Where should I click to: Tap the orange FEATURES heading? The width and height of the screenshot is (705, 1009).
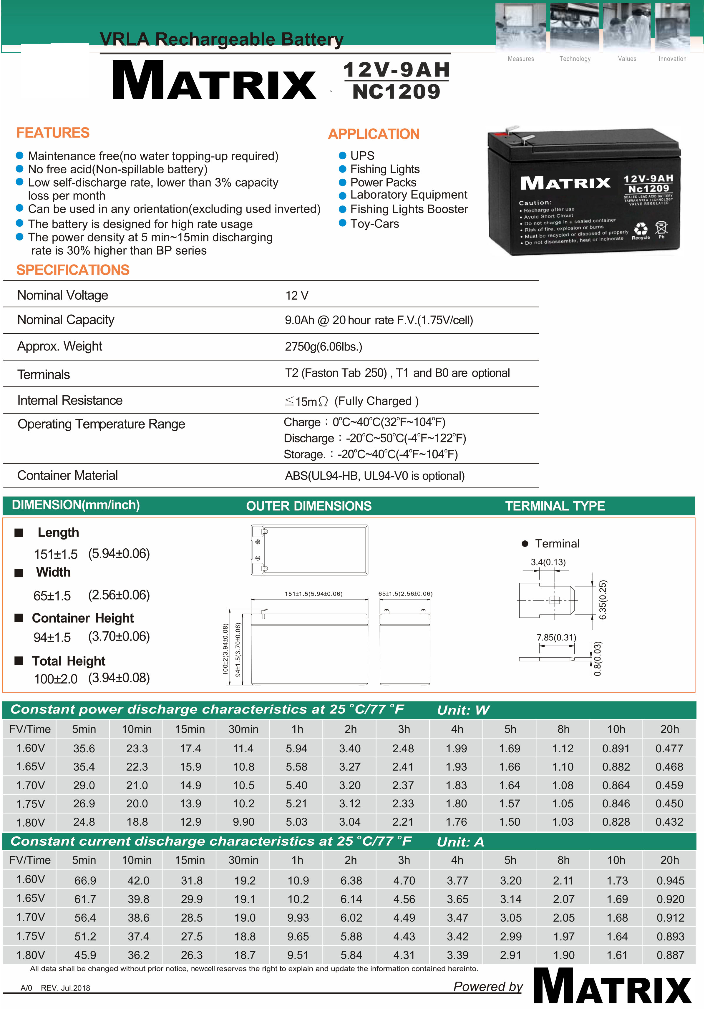point(53,133)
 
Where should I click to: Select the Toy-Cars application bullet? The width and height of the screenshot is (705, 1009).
point(374,224)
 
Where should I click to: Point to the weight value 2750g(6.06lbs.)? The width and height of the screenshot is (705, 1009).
point(324,347)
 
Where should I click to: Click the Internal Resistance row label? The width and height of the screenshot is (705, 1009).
point(70,400)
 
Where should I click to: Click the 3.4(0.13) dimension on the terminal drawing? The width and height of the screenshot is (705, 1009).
point(548,562)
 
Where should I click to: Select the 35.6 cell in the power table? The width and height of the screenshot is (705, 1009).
point(84,749)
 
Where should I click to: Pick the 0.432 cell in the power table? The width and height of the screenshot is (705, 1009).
point(669,822)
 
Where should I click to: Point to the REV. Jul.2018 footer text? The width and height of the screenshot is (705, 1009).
point(65,988)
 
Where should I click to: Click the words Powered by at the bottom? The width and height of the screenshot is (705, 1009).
point(488,987)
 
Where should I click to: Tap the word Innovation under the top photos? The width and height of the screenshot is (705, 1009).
point(672,59)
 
